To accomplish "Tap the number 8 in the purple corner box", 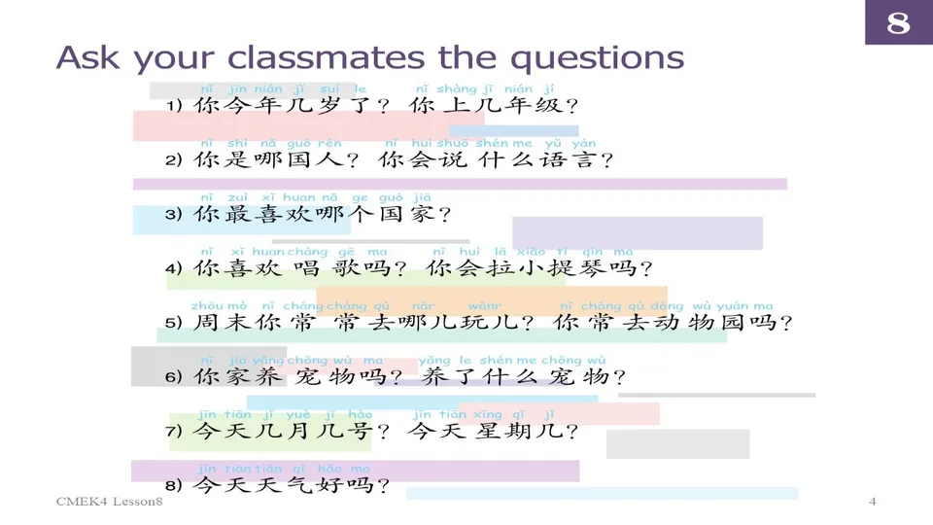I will click(898, 22).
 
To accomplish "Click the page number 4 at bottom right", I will click(872, 502).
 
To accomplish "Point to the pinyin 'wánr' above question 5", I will click(484, 305).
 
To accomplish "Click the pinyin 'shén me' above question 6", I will click(503, 360).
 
